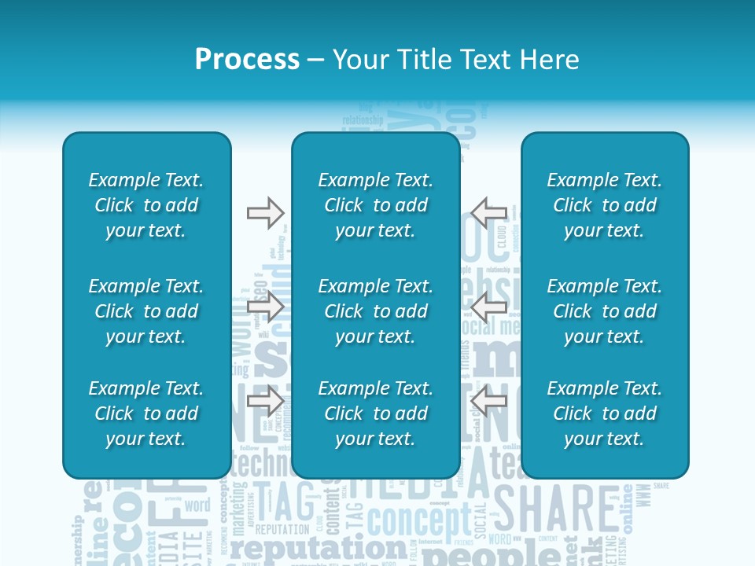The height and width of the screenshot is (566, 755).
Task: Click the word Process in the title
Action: click(x=247, y=60)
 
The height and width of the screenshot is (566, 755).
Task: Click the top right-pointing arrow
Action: click(x=266, y=212)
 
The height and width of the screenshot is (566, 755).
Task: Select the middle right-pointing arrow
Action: click(x=266, y=307)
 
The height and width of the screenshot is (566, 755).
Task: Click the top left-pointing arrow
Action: click(x=489, y=212)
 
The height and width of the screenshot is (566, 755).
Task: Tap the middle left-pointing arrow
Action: click(x=489, y=307)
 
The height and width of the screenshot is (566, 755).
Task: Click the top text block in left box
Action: click(x=146, y=205)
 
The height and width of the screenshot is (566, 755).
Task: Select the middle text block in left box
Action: click(x=146, y=311)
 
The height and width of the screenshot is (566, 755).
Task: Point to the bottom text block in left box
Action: click(x=146, y=413)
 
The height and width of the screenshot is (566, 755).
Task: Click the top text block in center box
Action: click(x=375, y=205)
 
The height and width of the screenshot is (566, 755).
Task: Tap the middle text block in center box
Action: click(x=375, y=311)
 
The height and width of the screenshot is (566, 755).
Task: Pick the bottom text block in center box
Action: click(x=375, y=413)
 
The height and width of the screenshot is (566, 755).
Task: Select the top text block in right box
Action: click(x=604, y=205)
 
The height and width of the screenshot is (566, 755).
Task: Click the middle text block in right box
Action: click(x=604, y=311)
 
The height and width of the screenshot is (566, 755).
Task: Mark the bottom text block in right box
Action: click(x=604, y=413)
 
